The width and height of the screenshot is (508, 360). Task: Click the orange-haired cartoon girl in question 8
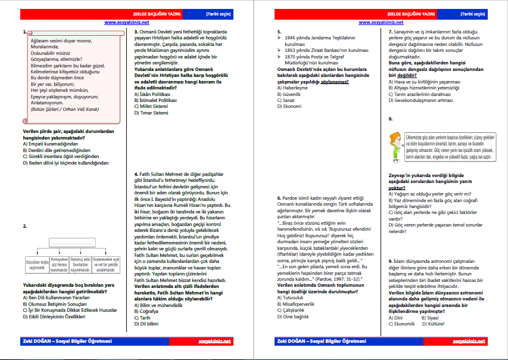pyautogui.click(x=395, y=145)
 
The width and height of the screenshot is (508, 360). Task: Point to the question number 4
pyautogui.click(x=136, y=174)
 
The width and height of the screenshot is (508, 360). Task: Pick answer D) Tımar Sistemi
pyautogui.click(x=152, y=112)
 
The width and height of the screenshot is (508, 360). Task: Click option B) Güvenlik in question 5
pyautogui.click(x=289, y=94)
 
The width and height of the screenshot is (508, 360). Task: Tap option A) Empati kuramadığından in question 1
pyautogui.click(x=50, y=144)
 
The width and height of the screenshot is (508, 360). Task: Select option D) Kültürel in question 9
pyautogui.click(x=432, y=324)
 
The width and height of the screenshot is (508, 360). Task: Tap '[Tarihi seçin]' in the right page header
pyautogui.click(x=474, y=13)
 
